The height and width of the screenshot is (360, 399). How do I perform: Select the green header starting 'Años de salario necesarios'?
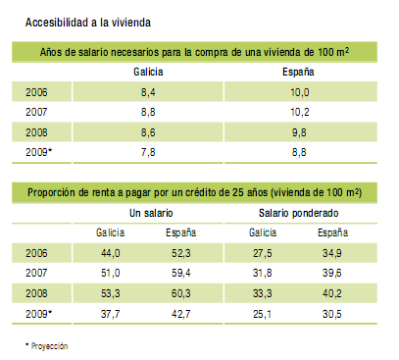(x=199, y=52)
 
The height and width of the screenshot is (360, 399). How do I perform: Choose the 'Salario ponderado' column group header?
(x=299, y=213)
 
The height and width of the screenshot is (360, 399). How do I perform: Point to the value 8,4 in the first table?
(x=149, y=92)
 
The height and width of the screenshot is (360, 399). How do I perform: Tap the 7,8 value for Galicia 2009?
(x=149, y=150)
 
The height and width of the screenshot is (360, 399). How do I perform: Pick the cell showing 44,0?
(x=111, y=253)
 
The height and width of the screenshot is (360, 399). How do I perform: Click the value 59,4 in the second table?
(x=183, y=273)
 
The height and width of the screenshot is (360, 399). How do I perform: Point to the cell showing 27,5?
(x=262, y=253)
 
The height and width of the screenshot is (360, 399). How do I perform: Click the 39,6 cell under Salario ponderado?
(x=334, y=273)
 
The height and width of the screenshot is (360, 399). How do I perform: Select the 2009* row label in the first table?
(x=38, y=150)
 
